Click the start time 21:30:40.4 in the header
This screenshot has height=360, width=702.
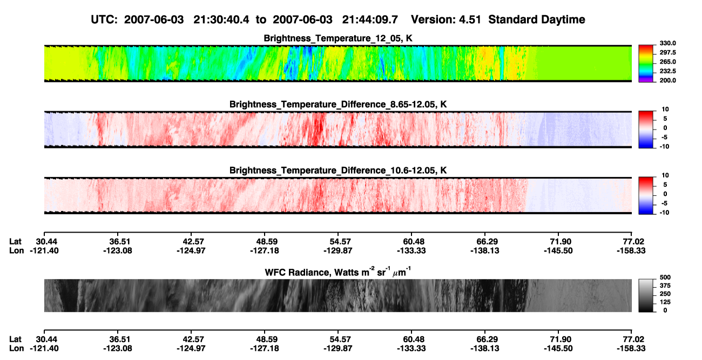(221, 19)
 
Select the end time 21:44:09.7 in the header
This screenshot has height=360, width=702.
(370, 19)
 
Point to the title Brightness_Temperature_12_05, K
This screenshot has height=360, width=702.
(337, 38)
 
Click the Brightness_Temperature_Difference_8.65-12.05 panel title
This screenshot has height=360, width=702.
(337, 104)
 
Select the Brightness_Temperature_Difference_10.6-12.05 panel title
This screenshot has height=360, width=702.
(337, 171)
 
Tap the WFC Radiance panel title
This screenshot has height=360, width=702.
(337, 272)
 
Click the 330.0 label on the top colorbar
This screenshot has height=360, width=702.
(667, 43)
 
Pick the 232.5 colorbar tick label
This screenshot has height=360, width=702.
(667, 71)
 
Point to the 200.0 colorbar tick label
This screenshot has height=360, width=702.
(667, 80)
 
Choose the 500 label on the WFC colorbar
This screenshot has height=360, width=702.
(665, 277)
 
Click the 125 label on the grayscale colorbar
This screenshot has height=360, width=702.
(665, 302)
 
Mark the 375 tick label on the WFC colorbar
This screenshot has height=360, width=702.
(665, 286)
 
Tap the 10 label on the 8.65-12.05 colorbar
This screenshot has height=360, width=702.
(665, 110)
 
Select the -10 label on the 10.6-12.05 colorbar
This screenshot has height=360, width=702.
(664, 213)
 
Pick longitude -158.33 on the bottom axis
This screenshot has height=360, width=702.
(631, 349)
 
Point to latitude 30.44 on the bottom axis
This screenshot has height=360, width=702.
(46, 339)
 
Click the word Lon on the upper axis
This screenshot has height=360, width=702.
(16, 250)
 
